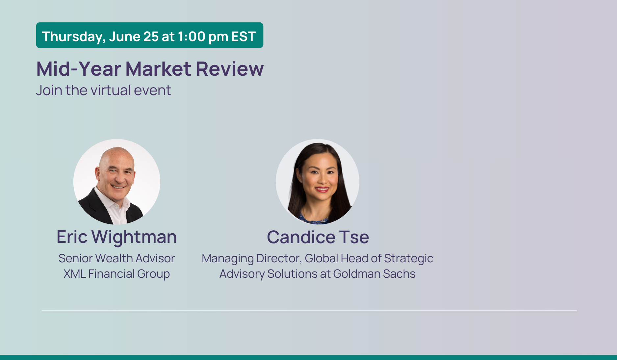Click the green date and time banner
tap(150, 35)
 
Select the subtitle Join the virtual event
tap(104, 90)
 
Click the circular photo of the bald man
tap(117, 182)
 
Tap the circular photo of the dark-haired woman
tap(318, 182)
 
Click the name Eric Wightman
tap(117, 237)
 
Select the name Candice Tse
tap(318, 237)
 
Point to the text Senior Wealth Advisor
tap(116, 258)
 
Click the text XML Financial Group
tap(116, 274)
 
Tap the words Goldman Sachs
tap(374, 274)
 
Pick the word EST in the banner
tap(244, 37)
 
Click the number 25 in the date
tap(151, 37)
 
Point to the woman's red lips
tap(322, 190)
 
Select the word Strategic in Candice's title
tap(409, 259)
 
